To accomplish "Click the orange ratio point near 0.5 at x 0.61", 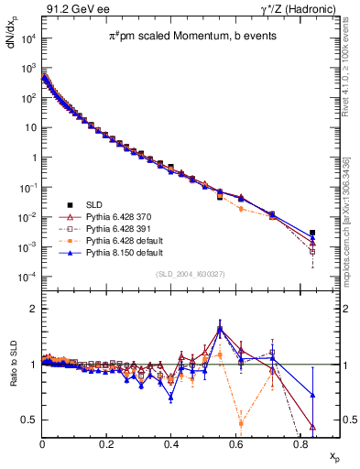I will (241, 422).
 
